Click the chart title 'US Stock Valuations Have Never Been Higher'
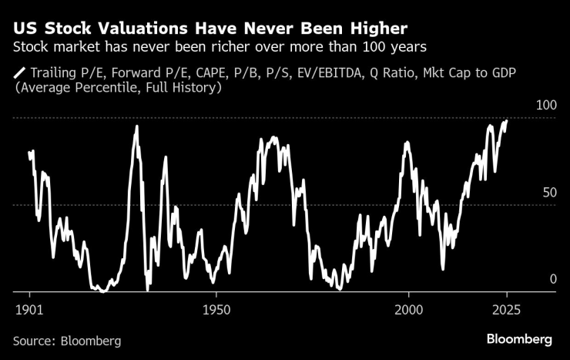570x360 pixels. pos(210,30)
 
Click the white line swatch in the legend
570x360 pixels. pos(19,74)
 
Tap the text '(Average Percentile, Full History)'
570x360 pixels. pos(118,89)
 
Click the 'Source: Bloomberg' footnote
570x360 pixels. pos(67,340)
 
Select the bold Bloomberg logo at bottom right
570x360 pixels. pos(519,339)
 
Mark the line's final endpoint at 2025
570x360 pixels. pos(506,121)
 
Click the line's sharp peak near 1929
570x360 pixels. pos(137,126)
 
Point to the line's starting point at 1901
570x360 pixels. pos(29,153)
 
